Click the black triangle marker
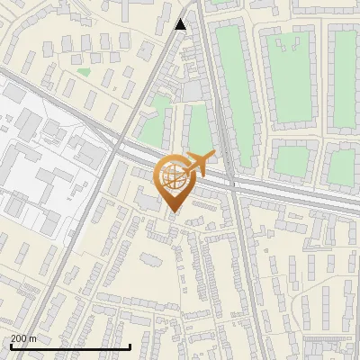tap(181, 24)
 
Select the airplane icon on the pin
tap(199, 163)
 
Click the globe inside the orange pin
tap(173, 177)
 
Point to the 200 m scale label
tap(24, 338)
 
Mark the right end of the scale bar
tap(131, 346)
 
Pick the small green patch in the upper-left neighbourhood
tap(84, 71)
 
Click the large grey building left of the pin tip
tap(151, 199)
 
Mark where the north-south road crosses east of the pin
tap(232, 184)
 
